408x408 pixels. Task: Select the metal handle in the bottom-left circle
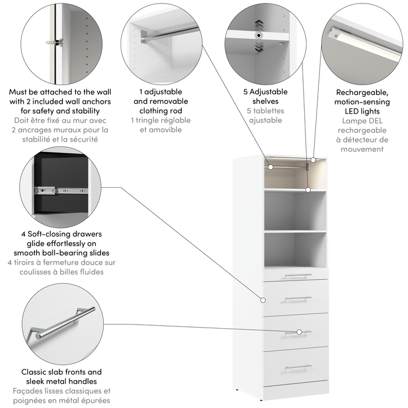[x=64, y=322]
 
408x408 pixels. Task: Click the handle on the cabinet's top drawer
[x=298, y=275]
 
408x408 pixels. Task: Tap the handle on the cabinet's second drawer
[x=298, y=298]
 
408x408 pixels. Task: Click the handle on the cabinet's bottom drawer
[x=298, y=367]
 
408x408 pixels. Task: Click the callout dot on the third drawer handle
[x=299, y=332]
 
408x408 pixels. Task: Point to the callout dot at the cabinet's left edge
[x=263, y=300]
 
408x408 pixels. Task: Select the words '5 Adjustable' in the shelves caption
[x=265, y=92]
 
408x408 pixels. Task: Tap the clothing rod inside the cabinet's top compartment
[x=289, y=167]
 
